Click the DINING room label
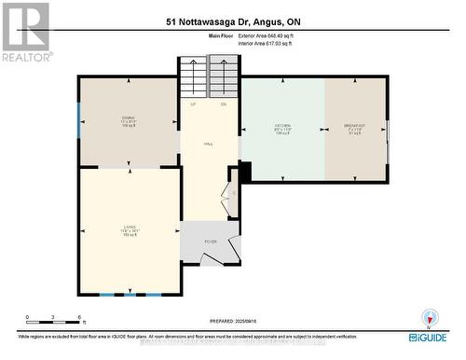point(129,118)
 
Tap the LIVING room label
point(129,227)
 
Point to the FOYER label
point(211,242)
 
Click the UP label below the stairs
point(193,104)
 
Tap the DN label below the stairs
point(224,104)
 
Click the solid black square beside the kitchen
point(245,173)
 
